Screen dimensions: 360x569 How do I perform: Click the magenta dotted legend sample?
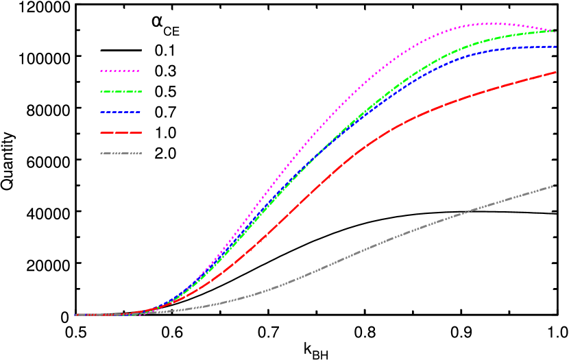pyautogui.click(x=120, y=71)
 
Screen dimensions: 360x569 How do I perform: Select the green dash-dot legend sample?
pyautogui.click(x=121, y=91)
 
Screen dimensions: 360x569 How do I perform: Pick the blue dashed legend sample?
pyautogui.click(x=121, y=112)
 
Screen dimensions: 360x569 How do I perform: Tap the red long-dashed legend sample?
pyautogui.click(x=121, y=132)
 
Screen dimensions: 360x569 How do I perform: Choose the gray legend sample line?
pyautogui.click(x=121, y=153)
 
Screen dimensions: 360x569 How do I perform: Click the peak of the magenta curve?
pyautogui.click(x=490, y=23)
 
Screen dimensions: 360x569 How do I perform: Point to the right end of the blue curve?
pyautogui.click(x=556, y=46)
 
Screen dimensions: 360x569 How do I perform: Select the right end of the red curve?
pyautogui.click(x=556, y=71)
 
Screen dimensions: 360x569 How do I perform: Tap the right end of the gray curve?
pyautogui.click(x=556, y=186)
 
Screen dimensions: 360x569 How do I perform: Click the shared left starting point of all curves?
pyautogui.click(x=75, y=315)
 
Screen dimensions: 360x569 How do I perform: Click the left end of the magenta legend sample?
pyautogui.click(x=100, y=71)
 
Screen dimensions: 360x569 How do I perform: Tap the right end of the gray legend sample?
pyautogui.click(x=141, y=153)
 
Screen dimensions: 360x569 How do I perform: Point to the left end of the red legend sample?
pyautogui.click(x=100, y=132)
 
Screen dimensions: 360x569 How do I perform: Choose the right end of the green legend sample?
pyautogui.click(x=141, y=91)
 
